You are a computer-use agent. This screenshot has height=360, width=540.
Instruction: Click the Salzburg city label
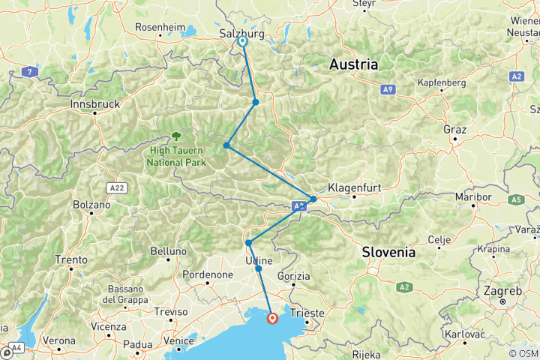click(x=241, y=34)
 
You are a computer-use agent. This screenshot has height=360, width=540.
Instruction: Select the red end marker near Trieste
click(x=271, y=319)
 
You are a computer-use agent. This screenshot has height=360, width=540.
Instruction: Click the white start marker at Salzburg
click(x=243, y=42)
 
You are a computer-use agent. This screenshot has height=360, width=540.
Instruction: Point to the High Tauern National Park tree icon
click(x=176, y=136)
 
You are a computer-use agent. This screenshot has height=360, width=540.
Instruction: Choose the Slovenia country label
click(x=388, y=253)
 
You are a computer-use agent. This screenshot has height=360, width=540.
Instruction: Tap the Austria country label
click(x=352, y=65)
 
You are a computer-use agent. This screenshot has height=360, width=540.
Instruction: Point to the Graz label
click(x=454, y=130)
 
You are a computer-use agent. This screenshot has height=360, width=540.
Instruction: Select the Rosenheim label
click(x=160, y=28)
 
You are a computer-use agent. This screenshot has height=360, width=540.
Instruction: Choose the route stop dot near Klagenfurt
click(x=313, y=199)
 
